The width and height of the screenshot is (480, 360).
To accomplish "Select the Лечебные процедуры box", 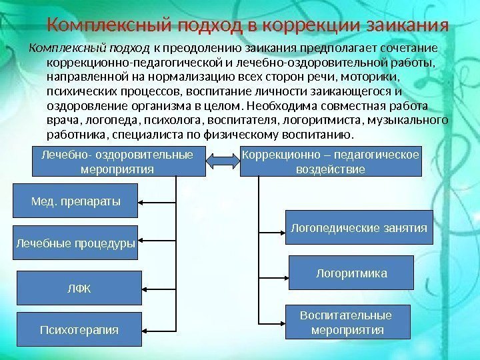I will coord(75,244).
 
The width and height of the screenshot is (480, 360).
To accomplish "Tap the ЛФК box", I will coord(79,288).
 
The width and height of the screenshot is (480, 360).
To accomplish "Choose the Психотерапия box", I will coord(79,329).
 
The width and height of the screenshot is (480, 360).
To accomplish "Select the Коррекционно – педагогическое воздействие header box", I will coord(331,161).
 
